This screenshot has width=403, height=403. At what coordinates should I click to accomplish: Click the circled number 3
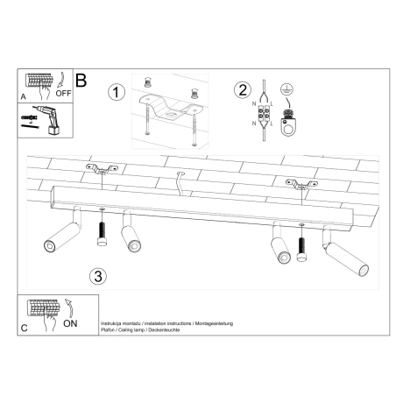(x=98, y=276)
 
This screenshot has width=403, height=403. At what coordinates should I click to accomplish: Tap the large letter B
(x=81, y=80)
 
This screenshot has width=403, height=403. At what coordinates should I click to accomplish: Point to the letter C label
(x=23, y=328)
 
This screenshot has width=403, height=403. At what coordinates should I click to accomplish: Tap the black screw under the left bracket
(x=101, y=230)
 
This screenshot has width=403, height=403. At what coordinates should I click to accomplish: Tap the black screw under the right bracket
(x=302, y=246)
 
